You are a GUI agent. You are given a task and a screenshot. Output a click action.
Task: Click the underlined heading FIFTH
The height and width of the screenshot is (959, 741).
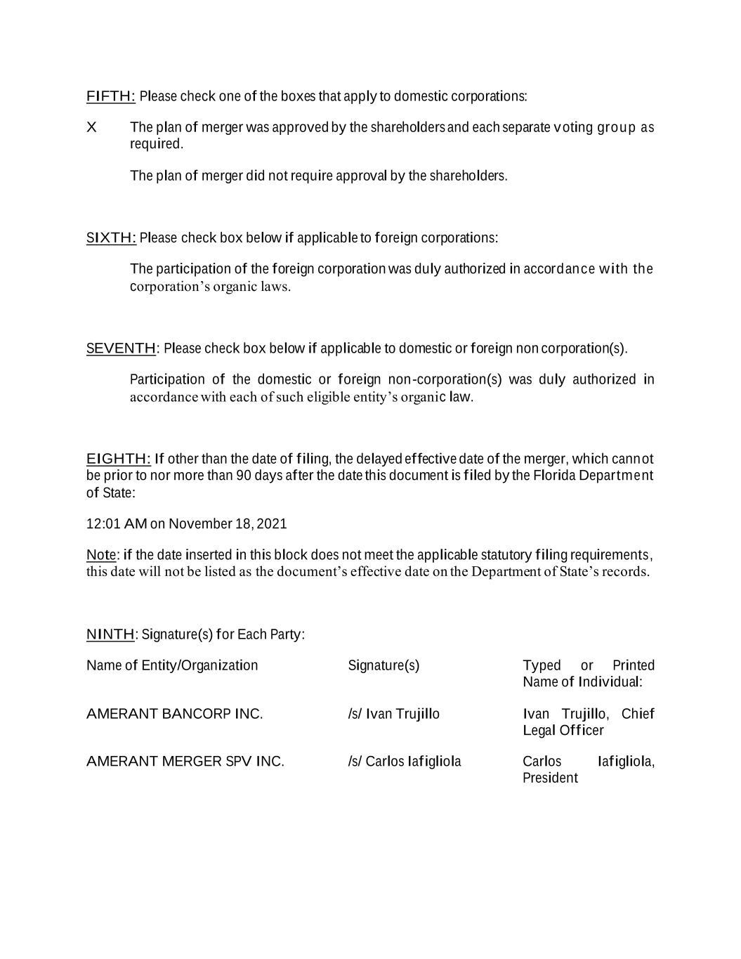coord(110,96)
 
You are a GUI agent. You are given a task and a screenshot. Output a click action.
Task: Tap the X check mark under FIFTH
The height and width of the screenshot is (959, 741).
coord(91,128)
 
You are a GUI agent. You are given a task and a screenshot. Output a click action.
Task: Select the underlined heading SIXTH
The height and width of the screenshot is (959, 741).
coord(111,238)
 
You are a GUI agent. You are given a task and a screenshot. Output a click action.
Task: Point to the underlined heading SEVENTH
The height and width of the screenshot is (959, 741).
coord(121,348)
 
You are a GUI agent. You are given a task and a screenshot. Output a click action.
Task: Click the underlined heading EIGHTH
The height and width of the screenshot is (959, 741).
coord(118,459)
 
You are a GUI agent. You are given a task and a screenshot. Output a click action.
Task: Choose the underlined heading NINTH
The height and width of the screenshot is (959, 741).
coord(110,635)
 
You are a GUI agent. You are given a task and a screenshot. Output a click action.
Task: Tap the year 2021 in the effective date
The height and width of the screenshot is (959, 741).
coord(272,524)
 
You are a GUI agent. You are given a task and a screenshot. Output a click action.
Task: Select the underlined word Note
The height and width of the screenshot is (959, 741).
coord(100,556)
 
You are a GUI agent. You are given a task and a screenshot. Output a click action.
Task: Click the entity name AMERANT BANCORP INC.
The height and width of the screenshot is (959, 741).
coord(174,715)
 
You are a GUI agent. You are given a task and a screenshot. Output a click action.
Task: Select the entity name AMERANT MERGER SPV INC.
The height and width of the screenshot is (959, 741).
coord(185,762)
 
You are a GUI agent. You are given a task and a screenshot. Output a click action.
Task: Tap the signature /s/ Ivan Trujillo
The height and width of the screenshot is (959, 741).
coord(393,715)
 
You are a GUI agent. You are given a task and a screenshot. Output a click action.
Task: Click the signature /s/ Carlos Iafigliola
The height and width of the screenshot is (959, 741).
coord(404,762)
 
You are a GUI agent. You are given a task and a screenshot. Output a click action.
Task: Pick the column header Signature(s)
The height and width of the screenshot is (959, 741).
coord(383,666)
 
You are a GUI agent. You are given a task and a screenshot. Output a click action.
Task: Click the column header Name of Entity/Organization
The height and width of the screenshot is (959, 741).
coord(172,666)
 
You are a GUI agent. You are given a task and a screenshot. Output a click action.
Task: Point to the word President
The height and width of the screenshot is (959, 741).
coord(550,778)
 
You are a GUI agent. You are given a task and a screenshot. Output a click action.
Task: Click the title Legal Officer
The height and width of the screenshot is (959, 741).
coord(563,731)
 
